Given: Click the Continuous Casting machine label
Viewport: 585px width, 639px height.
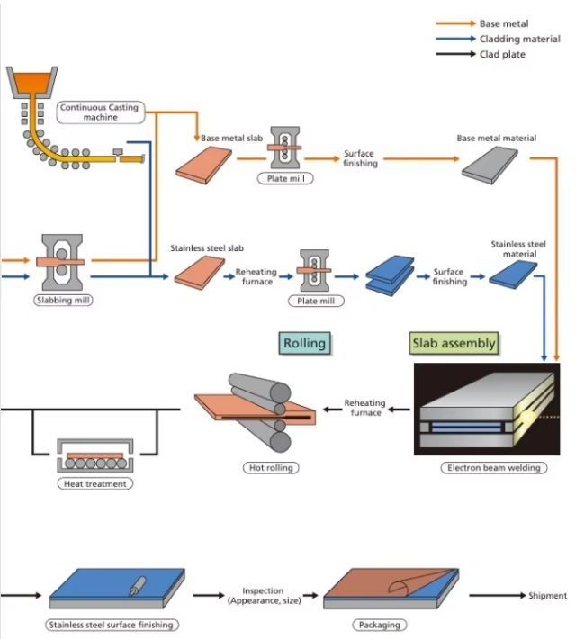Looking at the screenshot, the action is click(x=100, y=112).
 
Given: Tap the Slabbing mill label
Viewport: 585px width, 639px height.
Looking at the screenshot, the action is click(x=63, y=301).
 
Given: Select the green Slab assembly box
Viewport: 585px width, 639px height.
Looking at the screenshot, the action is click(x=454, y=343).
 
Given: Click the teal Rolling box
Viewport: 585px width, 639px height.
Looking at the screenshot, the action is click(x=304, y=343).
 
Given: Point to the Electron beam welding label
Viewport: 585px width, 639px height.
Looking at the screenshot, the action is click(x=494, y=468).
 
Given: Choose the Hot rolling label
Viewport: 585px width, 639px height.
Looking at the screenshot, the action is click(x=271, y=468).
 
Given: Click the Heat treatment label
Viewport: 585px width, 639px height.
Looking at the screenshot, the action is click(x=95, y=483).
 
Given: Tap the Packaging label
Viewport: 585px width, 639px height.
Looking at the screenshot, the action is click(x=380, y=625).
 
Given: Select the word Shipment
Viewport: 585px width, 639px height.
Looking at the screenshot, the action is click(x=547, y=596).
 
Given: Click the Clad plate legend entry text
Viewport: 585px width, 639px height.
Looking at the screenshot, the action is click(x=502, y=54).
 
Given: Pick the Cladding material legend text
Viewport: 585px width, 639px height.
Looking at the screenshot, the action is click(x=520, y=39).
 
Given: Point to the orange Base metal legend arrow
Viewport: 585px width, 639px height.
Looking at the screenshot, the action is click(x=455, y=23).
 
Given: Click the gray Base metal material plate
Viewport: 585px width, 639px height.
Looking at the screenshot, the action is click(x=490, y=166).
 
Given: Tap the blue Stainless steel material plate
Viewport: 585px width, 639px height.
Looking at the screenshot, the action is click(x=513, y=274).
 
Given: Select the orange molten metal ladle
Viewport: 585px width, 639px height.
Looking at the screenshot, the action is click(x=32, y=83).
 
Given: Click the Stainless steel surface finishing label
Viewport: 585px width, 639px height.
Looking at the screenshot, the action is click(x=112, y=625).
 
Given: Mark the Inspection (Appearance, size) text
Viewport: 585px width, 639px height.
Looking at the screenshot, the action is click(x=265, y=596).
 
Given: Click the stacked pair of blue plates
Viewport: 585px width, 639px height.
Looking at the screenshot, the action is click(x=390, y=275).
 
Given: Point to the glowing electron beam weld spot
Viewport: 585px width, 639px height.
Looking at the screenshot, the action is click(x=528, y=417).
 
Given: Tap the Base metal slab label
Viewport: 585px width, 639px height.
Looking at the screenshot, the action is click(x=231, y=139).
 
